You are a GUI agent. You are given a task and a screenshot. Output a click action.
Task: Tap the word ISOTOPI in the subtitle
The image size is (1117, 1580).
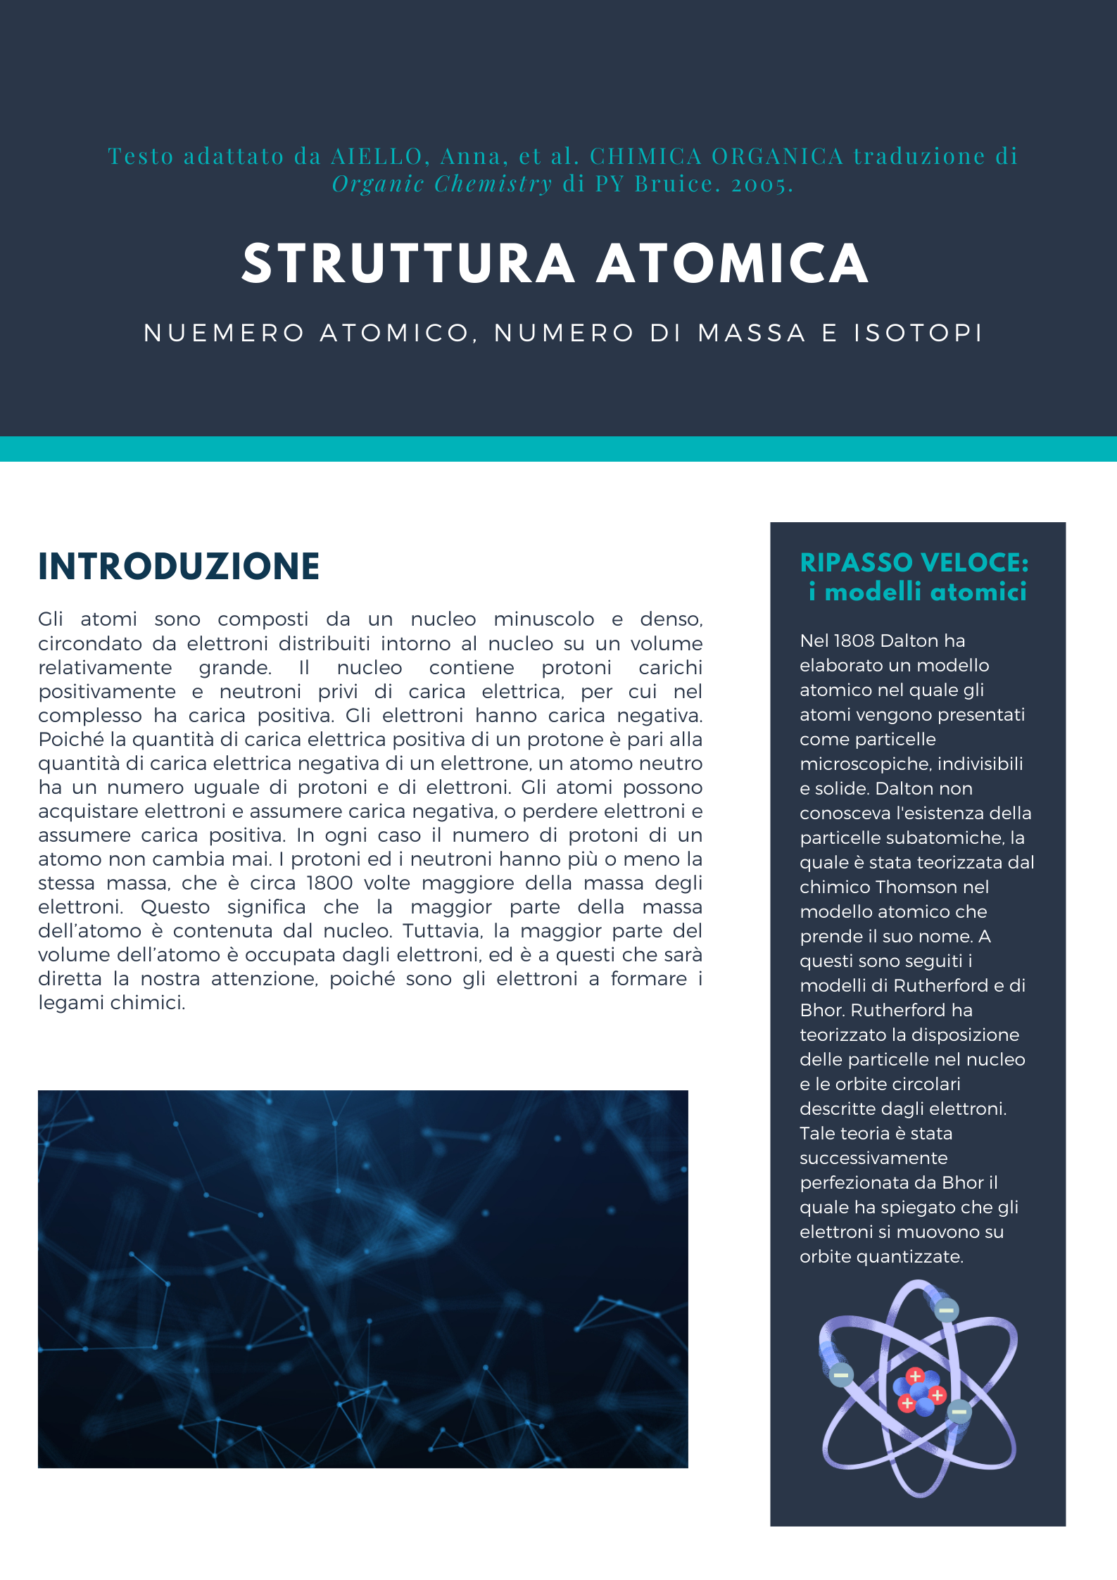pos(918,333)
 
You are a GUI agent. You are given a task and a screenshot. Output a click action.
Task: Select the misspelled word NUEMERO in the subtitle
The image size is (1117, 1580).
pos(224,333)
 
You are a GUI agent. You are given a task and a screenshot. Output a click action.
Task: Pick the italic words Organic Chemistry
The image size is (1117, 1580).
pos(442,184)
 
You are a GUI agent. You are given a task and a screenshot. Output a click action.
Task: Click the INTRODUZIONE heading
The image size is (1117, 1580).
pos(179,567)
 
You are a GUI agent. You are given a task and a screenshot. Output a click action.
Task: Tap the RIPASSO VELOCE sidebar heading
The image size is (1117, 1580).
pos(914,563)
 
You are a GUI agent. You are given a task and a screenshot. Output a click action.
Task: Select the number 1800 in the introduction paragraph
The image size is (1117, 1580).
pos(329,883)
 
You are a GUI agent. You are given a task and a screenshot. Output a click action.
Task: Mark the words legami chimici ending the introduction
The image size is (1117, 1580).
pos(111,1003)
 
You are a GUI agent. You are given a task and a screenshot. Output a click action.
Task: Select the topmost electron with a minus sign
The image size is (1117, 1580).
pos(946,1310)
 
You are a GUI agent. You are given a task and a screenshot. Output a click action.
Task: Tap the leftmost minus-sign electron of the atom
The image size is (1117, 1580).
pos(841,1374)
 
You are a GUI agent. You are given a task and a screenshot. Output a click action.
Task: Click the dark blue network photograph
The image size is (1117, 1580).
pos(362,1279)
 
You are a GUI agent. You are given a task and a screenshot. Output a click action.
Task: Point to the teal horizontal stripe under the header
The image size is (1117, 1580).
pos(558,449)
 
